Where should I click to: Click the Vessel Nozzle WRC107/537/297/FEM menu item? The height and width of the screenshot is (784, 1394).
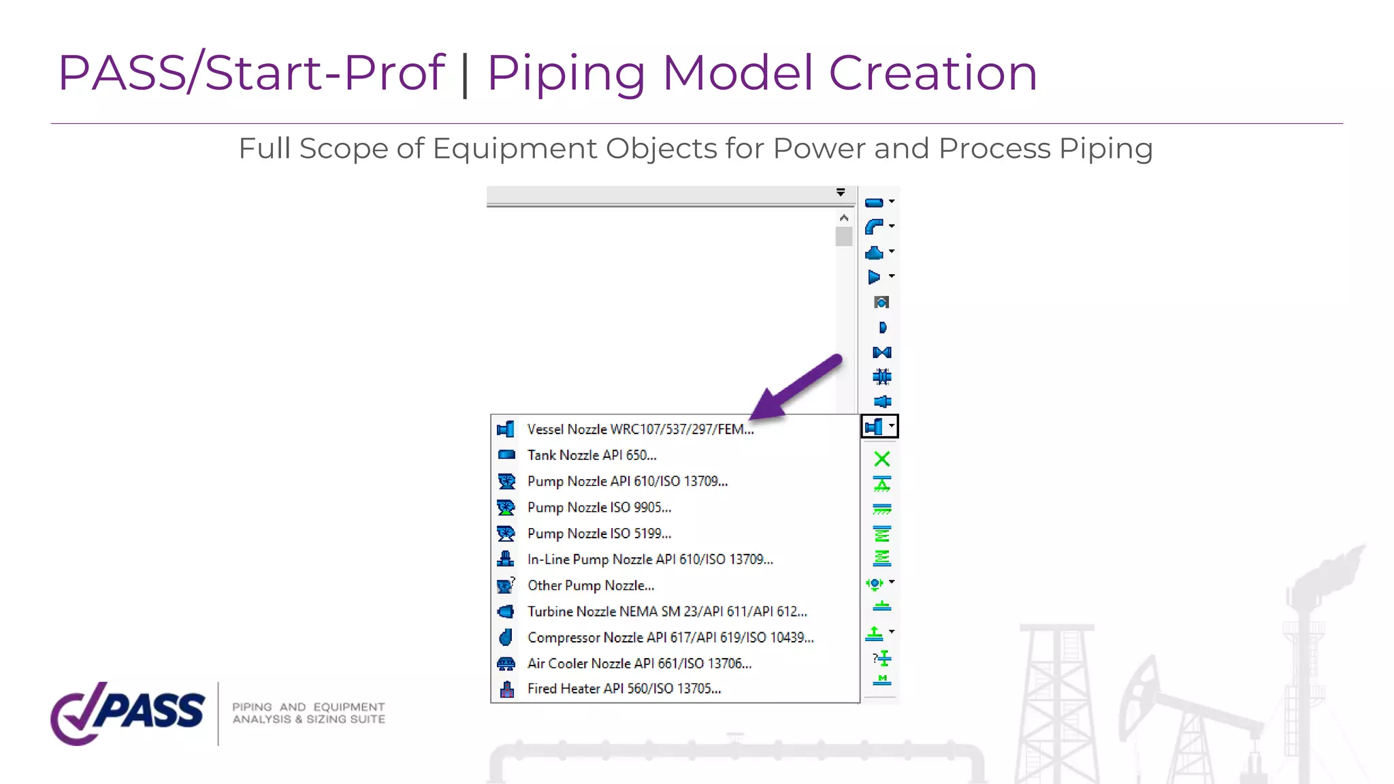coord(640,429)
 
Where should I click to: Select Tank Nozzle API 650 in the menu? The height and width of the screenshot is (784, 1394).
coord(591,455)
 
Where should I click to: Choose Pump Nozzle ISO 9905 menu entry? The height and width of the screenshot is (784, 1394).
coord(599,508)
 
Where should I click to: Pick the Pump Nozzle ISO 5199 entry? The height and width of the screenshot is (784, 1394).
coord(599,534)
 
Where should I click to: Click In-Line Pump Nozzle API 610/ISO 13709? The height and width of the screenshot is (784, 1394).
coord(650,559)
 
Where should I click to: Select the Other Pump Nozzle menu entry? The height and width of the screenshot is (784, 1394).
coord(590,586)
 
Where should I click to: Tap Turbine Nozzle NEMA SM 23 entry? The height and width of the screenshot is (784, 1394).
coord(667,612)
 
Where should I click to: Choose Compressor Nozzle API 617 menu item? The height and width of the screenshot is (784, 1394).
coord(670,638)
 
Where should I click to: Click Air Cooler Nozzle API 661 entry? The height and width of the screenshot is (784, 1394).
coord(639,664)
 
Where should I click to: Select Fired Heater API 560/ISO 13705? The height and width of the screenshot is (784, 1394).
coord(624,689)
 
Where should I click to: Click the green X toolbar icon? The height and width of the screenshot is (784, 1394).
coord(881,459)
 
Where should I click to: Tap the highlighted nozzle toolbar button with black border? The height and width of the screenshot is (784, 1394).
coord(879,427)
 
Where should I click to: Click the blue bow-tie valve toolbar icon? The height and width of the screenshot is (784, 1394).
coord(881,353)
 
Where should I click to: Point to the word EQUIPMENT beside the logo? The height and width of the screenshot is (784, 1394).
coord(348,707)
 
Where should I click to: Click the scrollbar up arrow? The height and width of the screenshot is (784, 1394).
coord(844,218)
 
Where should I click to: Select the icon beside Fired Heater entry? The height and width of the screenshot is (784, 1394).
coord(506,689)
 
